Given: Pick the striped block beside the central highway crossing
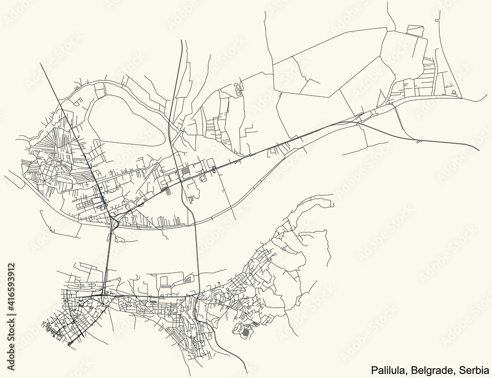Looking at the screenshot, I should (186, 171).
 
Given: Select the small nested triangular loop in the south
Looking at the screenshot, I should (188, 280).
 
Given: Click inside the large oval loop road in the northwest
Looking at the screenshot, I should (125, 121).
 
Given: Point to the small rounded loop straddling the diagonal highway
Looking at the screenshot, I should (214, 170).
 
